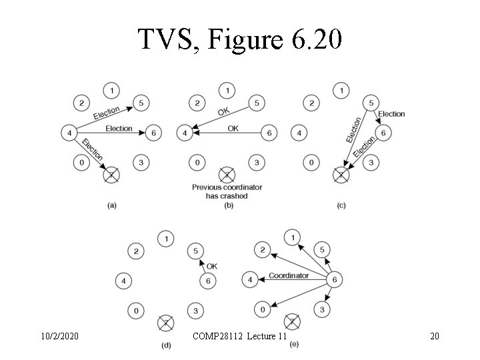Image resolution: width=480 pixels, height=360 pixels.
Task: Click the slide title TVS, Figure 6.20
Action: [x=240, y=40]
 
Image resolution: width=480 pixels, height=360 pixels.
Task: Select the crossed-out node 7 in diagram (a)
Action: [x=113, y=176]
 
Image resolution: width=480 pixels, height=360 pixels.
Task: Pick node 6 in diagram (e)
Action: [x=335, y=281]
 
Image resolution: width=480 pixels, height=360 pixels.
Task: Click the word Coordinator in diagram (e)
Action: [x=289, y=275]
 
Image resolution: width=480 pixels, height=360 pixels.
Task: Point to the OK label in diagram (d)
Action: [x=212, y=267]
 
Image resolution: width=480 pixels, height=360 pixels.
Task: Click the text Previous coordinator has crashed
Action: [x=227, y=192]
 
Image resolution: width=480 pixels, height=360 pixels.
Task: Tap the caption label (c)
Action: [x=341, y=205]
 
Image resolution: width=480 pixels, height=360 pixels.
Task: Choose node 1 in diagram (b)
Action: [x=227, y=89]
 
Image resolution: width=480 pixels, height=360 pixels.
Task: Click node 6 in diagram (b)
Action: [x=268, y=133]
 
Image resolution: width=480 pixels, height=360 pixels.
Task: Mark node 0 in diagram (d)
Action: [x=135, y=310]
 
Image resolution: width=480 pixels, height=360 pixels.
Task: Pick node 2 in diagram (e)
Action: [x=262, y=250]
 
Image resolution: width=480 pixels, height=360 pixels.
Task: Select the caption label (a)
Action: [x=112, y=205]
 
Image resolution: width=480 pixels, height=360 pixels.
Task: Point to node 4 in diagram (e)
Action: [x=249, y=280]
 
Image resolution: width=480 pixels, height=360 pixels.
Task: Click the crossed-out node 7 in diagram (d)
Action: [x=165, y=323]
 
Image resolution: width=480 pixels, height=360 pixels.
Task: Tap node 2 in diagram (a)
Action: [x=82, y=103]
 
